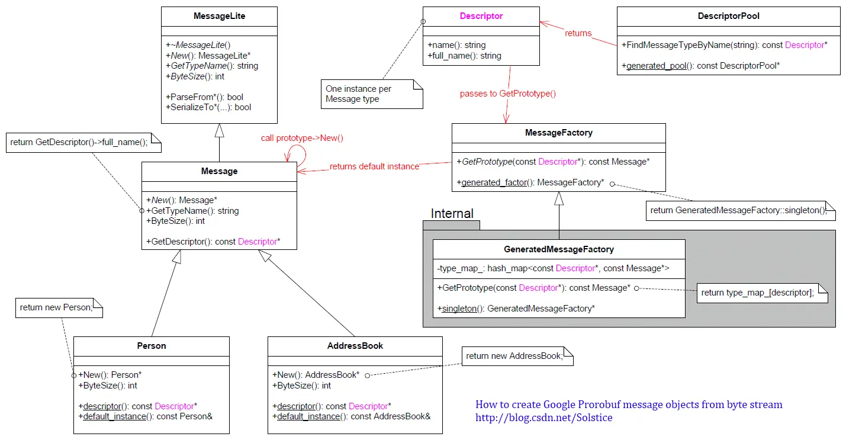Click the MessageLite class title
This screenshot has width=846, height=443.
(x=219, y=16)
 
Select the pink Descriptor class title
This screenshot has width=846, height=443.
(x=481, y=16)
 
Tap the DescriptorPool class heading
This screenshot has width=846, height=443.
(x=728, y=16)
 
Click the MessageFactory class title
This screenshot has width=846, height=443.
(x=558, y=133)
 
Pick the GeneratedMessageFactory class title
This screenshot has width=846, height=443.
(x=558, y=249)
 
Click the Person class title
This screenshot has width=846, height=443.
(x=151, y=346)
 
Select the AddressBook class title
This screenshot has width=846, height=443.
(x=355, y=346)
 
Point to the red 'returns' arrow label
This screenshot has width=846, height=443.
(x=578, y=33)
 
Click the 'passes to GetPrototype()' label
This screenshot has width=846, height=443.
(x=507, y=94)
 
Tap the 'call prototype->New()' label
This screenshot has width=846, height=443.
(x=302, y=138)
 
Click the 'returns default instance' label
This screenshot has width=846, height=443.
(x=374, y=166)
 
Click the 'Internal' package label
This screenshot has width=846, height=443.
(x=452, y=214)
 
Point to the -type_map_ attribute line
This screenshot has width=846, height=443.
(x=553, y=268)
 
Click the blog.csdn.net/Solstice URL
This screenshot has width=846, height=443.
(x=543, y=418)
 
